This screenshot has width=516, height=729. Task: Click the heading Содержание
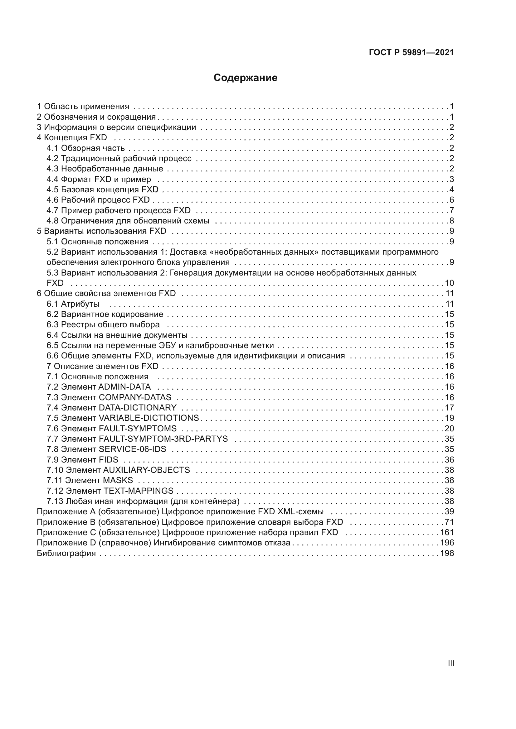click(245, 78)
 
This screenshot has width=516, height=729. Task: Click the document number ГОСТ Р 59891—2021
click(411, 53)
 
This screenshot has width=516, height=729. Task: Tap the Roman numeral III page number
click(450, 663)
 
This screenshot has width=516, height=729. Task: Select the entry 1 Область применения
click(83, 106)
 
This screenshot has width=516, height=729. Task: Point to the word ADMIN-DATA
click(124, 387)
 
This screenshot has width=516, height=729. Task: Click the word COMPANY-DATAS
click(135, 397)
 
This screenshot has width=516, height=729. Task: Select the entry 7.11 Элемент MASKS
click(90, 480)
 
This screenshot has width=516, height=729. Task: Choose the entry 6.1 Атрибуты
click(73, 304)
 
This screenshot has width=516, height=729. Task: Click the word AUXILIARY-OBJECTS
click(147, 470)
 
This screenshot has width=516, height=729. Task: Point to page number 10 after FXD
click(449, 283)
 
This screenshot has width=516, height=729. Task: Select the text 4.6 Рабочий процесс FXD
click(98, 200)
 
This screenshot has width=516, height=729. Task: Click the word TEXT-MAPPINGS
click(139, 491)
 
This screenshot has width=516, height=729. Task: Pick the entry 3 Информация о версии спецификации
click(116, 127)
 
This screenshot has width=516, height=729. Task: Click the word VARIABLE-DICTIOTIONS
click(149, 418)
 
